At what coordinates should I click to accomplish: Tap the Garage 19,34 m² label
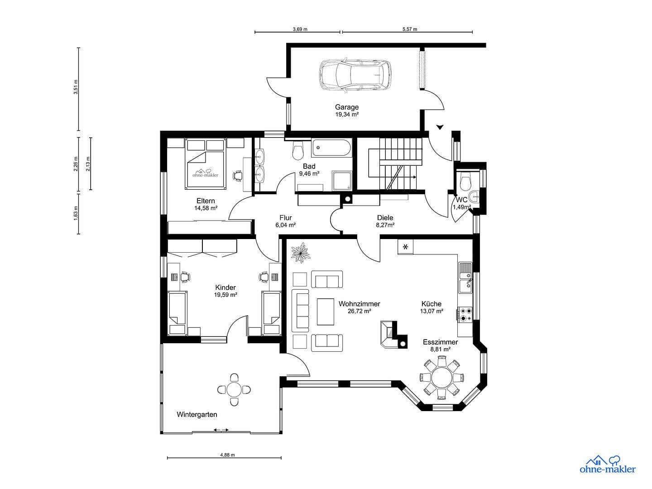347,110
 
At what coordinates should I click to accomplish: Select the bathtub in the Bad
331,148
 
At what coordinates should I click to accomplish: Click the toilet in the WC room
465,182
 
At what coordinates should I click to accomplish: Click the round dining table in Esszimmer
441,377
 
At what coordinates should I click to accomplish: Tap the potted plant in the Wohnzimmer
300,253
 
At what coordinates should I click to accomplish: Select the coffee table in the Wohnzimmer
325,312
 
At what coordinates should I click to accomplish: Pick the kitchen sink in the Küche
465,278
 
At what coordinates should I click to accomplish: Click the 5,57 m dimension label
409,29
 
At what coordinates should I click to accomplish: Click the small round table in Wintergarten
234,389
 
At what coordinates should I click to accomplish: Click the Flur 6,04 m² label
286,221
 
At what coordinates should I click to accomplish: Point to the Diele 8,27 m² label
385,221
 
